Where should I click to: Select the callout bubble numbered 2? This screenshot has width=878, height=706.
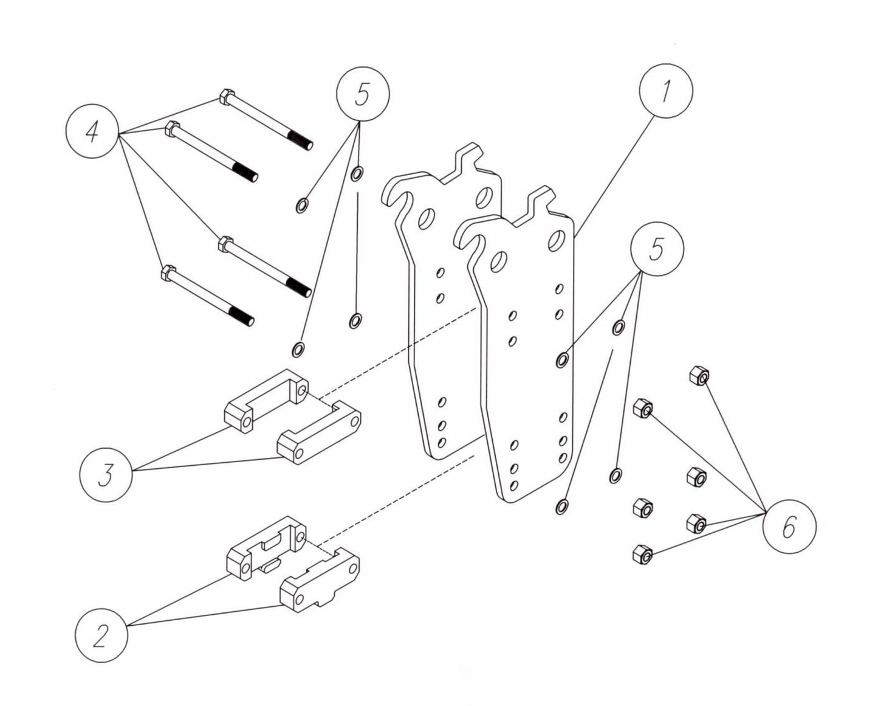coord(101,637)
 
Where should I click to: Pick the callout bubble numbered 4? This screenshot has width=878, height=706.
coord(92,131)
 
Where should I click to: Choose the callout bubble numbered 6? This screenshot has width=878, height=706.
coord(789,527)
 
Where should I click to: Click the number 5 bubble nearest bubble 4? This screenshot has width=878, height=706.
coord(362,95)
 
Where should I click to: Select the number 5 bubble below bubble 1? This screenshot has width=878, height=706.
coord(657,250)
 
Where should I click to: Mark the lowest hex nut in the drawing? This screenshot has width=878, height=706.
coord(642,554)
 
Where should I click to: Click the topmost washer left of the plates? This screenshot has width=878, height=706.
coord(357,173)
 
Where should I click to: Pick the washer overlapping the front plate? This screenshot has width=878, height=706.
coord(562,360)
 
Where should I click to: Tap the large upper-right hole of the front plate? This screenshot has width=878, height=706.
coord(555,240)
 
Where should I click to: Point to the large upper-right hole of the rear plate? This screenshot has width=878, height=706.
coord(484,196)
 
